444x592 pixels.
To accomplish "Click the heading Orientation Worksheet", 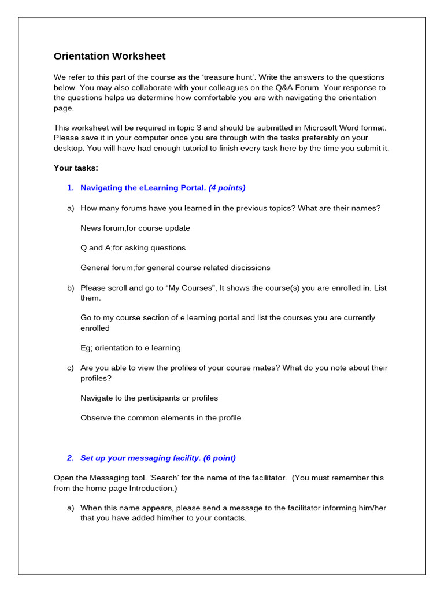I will point(109,56).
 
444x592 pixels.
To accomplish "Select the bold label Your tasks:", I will point(76,168).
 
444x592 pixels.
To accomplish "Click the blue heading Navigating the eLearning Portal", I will point(143,188).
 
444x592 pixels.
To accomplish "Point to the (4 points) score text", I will point(227,188).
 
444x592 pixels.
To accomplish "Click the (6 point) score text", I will point(220,458).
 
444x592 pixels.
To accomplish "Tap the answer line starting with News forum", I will point(135,228).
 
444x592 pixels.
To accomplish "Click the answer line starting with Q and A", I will point(133,248).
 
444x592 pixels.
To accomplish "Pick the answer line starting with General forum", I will point(175,268).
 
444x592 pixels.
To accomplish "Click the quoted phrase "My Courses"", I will point(188,288).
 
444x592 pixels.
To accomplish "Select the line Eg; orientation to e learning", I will point(130,348).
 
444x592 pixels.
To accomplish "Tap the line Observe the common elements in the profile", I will point(161,418).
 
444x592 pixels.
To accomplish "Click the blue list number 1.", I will point(70,188).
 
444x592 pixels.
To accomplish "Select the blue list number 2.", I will point(70,458).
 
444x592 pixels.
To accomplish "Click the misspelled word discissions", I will point(250,268).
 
